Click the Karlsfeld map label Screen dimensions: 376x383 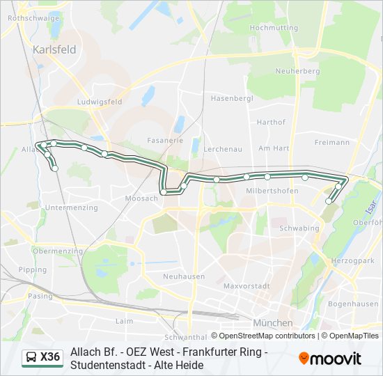pos(54,52)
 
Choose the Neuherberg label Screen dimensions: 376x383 pos(297,71)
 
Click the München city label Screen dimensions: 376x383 pos(272,323)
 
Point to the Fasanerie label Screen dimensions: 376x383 pos(165,139)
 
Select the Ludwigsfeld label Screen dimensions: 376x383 pos(100,102)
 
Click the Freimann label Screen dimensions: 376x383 pos(332,142)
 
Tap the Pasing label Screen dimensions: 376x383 pos(40,296)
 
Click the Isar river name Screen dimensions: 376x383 pos(369,206)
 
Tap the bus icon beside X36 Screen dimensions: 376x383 pos(31,358)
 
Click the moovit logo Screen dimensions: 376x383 pos(330,359)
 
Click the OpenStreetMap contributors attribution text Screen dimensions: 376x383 pos(267,336)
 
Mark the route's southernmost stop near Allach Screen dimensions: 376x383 pos(55,168)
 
